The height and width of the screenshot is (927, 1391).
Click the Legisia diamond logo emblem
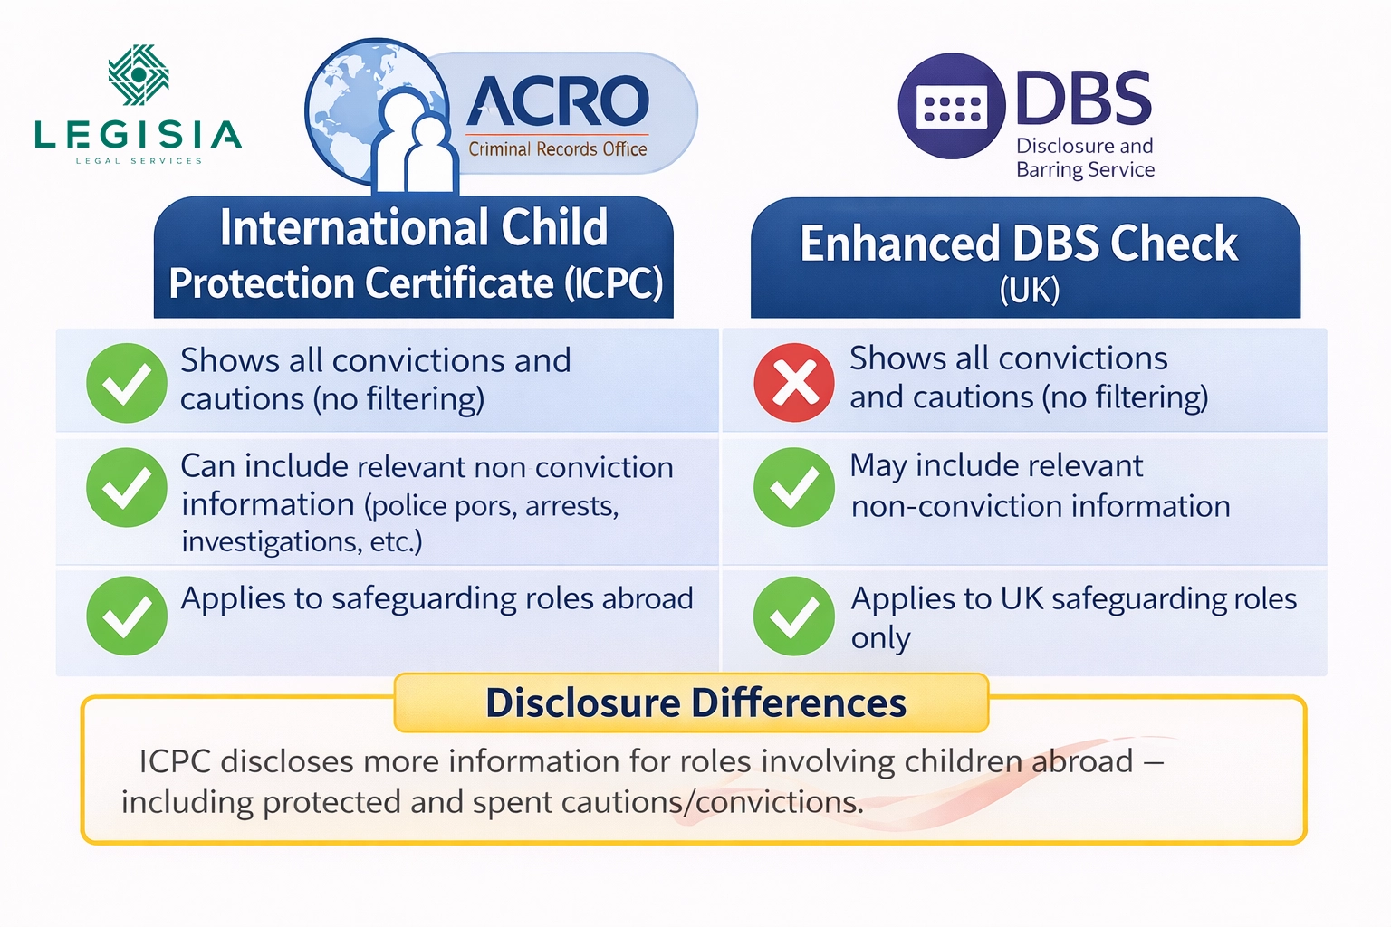click(x=139, y=75)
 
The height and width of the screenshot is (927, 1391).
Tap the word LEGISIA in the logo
click(x=138, y=135)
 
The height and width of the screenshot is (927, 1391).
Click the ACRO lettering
click(x=558, y=101)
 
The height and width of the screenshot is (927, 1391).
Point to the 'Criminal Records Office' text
click(x=557, y=149)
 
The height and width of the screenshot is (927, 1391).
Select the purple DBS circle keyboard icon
click(x=951, y=107)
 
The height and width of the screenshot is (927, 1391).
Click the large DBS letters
click(x=1083, y=99)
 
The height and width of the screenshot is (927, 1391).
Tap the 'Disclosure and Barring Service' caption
click(x=1085, y=158)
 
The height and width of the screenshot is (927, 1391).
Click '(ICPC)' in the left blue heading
click(x=614, y=283)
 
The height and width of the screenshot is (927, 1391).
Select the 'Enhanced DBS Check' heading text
click(x=1019, y=244)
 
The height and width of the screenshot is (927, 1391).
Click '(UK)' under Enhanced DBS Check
click(x=1029, y=291)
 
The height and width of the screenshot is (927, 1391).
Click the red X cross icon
click(x=794, y=382)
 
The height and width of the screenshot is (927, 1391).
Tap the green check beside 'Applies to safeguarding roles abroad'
click(x=127, y=616)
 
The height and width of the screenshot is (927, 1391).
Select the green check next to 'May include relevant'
click(x=794, y=487)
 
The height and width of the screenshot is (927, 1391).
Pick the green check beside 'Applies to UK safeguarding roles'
click(x=794, y=616)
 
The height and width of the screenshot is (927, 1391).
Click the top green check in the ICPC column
click(x=127, y=382)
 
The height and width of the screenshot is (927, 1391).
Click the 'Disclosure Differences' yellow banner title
click(x=695, y=703)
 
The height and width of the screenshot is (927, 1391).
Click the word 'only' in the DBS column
click(x=880, y=638)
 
